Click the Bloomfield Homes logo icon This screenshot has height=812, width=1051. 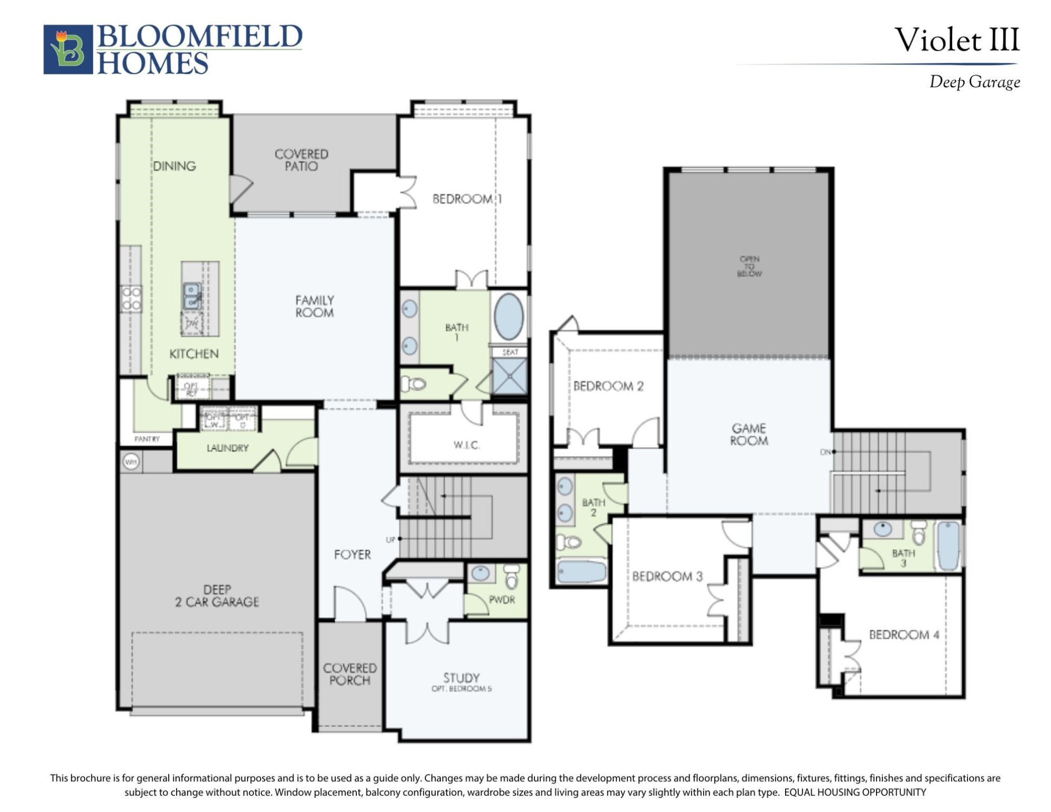point(68,49)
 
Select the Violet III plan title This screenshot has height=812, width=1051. point(956,40)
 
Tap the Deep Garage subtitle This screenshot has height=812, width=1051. point(974,82)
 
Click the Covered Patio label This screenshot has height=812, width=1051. point(301,160)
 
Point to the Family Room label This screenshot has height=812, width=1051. point(315,307)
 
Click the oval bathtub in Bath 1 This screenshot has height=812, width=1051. point(509,316)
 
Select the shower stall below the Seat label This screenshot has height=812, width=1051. point(509,376)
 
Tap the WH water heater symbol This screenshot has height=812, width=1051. point(131,462)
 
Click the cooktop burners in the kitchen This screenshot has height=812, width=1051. point(131,299)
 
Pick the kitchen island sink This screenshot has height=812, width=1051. point(192,296)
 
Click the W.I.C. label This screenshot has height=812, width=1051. point(466,445)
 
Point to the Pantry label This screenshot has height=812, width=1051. point(146,439)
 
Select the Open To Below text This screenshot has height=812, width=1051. point(749,266)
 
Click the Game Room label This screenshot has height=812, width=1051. point(749,434)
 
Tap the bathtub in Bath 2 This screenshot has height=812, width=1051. point(582,572)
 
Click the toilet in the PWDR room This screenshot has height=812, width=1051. point(511,577)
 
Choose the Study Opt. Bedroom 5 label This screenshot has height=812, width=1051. point(461,682)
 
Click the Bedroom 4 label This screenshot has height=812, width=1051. point(904,634)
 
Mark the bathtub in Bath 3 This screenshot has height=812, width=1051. point(948,546)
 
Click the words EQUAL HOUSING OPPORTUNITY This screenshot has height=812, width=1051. point(855,792)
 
